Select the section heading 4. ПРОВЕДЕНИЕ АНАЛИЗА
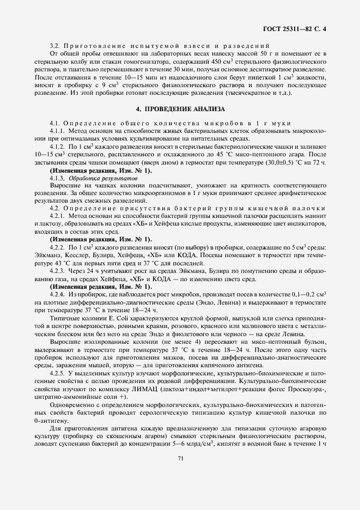tap(180, 109)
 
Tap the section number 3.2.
tap(54, 45)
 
